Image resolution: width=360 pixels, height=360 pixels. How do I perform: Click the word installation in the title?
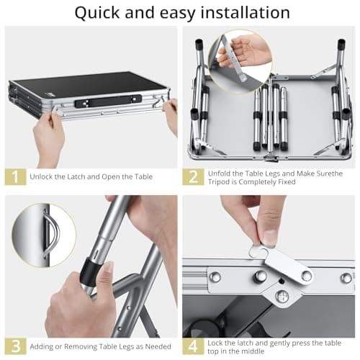click(242, 13)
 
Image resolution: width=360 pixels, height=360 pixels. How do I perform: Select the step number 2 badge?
click(192, 176)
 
